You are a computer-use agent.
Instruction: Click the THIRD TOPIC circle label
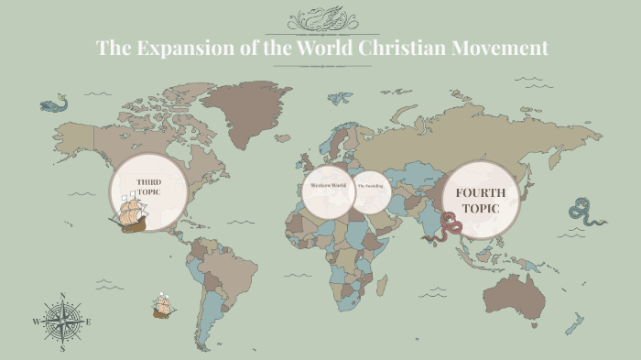click(148, 188)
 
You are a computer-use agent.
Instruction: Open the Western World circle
click(327, 186)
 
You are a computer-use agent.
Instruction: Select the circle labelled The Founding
click(371, 187)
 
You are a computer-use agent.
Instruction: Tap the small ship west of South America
click(164, 305)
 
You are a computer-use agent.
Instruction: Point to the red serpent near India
click(450, 224)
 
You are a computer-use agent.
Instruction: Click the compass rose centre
click(62, 322)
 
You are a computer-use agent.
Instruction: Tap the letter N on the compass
click(62, 296)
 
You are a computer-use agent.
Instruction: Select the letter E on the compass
click(88, 322)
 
